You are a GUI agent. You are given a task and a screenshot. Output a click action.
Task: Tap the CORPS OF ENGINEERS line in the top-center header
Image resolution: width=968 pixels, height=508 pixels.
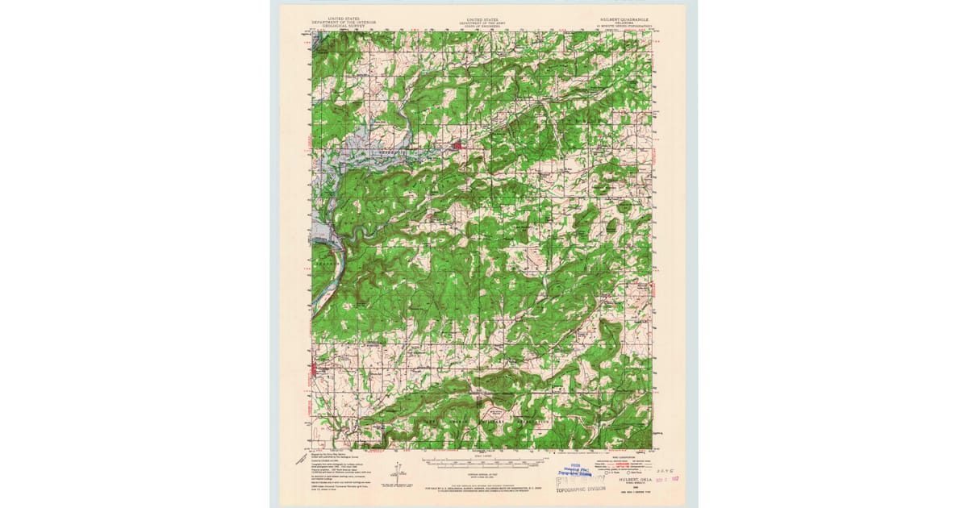(482, 25)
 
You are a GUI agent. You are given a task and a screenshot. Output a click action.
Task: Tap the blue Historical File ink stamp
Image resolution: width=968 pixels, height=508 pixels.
(574, 470)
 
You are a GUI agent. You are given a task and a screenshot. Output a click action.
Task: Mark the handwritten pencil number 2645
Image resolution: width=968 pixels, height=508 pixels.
(644, 467)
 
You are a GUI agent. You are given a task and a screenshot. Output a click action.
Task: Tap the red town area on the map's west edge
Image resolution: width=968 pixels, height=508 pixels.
(315, 371)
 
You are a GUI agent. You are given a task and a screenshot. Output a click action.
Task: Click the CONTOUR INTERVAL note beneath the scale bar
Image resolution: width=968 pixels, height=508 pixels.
(482, 474)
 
